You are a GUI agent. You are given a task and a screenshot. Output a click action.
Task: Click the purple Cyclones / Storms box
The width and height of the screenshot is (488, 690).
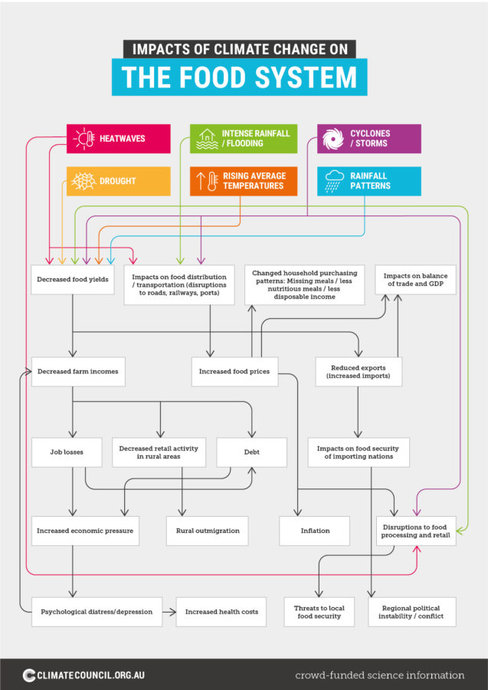coord(369,139)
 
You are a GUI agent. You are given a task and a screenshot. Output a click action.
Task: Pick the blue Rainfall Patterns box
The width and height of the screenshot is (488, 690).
coord(369,181)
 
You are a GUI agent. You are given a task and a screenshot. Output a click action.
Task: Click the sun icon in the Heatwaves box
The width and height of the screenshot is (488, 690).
coord(84,139)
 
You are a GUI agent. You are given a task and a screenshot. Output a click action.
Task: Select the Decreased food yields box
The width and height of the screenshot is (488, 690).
coord(73,280)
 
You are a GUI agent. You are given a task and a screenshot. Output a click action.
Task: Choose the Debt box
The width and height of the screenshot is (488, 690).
coord(251,452)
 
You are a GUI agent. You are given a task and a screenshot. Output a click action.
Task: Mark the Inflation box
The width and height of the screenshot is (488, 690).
coord(315,531)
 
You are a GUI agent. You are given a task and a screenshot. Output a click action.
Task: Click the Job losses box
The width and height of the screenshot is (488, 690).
coord(57,452)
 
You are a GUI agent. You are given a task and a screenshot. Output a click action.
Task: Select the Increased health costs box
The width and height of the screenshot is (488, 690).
coord(221,612)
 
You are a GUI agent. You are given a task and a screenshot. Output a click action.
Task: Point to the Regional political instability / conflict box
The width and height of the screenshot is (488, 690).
coord(412,612)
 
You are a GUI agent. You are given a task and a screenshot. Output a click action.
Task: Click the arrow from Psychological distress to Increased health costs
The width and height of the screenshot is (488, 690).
coord(169,612)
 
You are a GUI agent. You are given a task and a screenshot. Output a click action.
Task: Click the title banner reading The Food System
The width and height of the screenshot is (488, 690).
coord(239,77)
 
